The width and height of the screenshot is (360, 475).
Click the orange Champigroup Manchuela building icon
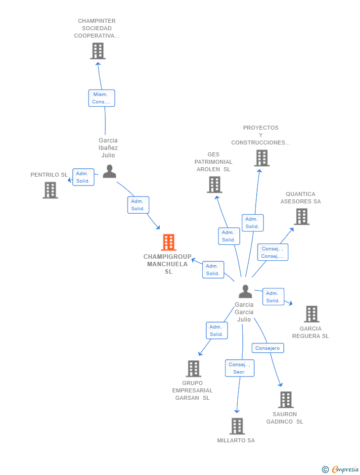[168, 242]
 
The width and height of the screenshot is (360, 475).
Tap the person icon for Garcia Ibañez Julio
[109, 171]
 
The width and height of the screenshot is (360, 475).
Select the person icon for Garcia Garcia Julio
[245, 291]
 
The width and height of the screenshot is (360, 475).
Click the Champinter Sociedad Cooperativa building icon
[98, 51]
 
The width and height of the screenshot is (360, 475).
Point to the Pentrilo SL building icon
[50, 190]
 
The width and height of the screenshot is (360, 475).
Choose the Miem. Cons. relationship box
[102, 98]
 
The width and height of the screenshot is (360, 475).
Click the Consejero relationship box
[268, 348]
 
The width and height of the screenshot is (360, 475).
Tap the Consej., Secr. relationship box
[239, 368]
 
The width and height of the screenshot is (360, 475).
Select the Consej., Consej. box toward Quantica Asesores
[272, 252]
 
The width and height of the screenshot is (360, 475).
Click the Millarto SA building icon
[237, 426]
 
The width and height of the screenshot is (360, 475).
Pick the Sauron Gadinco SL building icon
[286, 400]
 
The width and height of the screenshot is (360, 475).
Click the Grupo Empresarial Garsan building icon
[193, 369]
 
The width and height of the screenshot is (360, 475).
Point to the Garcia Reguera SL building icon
[312, 314]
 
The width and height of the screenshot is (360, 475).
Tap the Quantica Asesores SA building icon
[302, 217]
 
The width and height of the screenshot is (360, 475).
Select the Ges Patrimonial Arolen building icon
[215, 185]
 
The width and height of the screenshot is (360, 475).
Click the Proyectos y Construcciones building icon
[262, 158]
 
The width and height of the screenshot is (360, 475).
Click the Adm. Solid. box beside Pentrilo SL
[83, 177]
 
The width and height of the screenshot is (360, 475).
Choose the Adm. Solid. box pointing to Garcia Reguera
[273, 296]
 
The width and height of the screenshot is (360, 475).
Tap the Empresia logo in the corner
[340, 469]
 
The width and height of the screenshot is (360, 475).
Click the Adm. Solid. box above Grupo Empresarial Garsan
[217, 331]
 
